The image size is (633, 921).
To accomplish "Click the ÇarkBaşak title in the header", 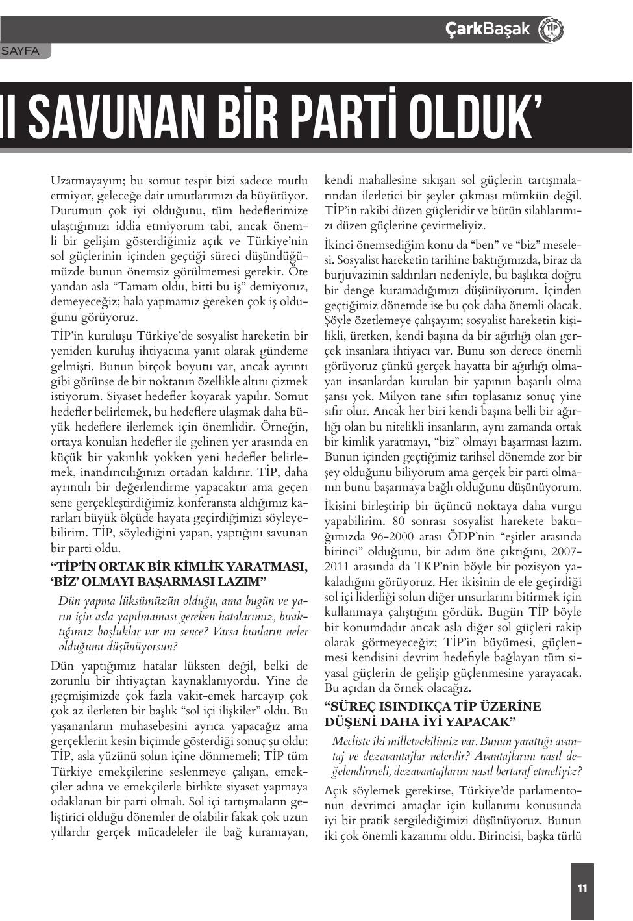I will [x=487, y=29].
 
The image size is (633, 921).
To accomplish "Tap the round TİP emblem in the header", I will [x=551, y=30].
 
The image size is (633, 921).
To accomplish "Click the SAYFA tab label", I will [x=21, y=51].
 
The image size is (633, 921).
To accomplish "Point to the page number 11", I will [x=582, y=888].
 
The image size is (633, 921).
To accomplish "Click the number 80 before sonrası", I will [x=399, y=521].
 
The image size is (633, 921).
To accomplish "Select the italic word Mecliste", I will [x=353, y=741].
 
